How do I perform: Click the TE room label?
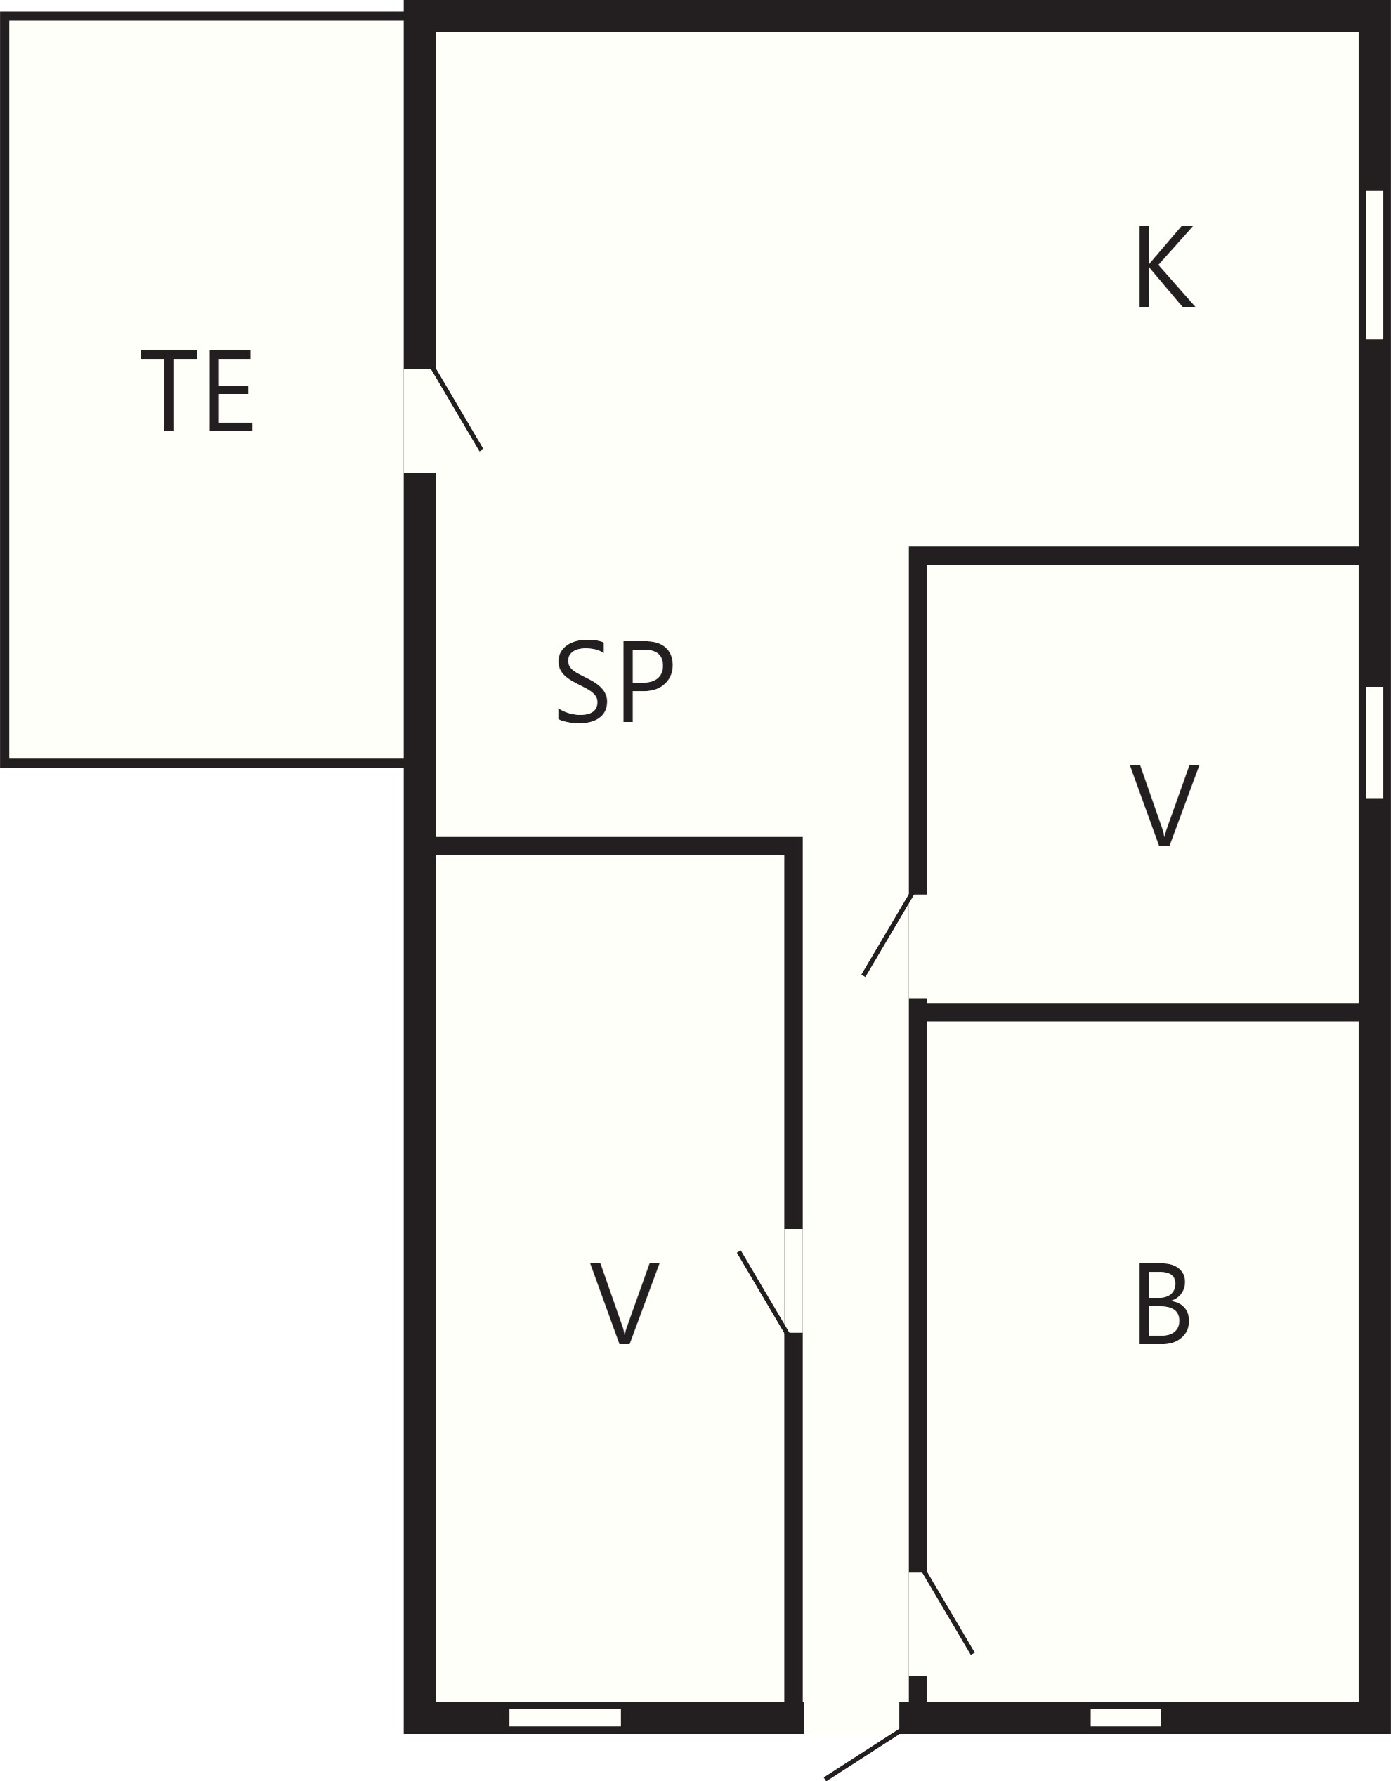(197, 391)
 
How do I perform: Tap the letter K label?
(1165, 267)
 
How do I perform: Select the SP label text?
(615, 682)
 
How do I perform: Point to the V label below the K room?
(1164, 805)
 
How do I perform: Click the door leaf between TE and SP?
(457, 409)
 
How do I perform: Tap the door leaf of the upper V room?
(887, 935)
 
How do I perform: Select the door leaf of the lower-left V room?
(763, 1292)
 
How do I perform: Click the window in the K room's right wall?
(1375, 264)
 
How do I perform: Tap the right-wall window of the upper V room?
(1375, 742)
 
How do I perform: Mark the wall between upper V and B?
(1142, 1012)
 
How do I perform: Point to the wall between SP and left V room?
(618, 846)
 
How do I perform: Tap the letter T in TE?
(169, 391)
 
